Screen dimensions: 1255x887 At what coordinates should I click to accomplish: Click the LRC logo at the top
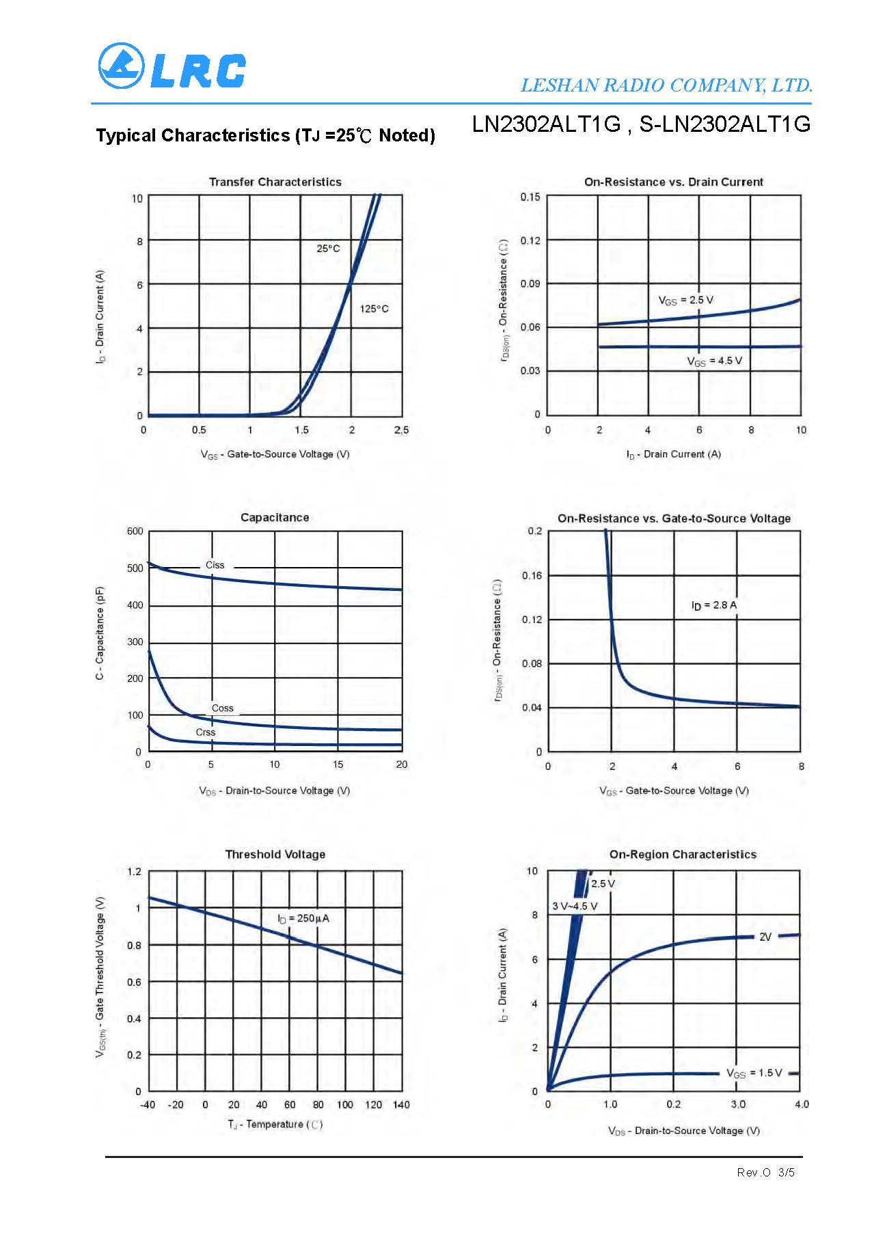(172, 67)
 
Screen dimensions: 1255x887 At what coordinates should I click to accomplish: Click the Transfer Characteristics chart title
(275, 182)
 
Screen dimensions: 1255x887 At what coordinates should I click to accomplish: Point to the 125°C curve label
(374, 309)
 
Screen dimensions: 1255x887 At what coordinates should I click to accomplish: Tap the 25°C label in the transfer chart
(328, 249)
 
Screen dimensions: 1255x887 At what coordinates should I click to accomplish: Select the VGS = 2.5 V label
(685, 301)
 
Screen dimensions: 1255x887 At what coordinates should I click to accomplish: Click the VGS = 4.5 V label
(714, 361)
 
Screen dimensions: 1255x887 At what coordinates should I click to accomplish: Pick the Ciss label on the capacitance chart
(215, 565)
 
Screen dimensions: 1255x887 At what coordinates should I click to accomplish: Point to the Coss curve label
(223, 708)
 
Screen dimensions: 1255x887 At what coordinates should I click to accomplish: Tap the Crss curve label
(205, 732)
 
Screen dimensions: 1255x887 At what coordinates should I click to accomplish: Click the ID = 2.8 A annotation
(713, 605)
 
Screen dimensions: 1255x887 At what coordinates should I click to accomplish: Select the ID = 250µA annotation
(303, 918)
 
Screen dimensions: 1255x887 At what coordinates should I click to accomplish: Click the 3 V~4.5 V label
(575, 907)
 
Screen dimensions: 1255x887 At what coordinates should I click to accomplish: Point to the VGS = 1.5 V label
(754, 1073)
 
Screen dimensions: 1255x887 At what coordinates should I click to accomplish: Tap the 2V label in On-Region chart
(765, 937)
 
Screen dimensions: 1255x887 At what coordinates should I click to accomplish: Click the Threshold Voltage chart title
(275, 854)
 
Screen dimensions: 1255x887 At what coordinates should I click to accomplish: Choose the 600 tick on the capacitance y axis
(135, 532)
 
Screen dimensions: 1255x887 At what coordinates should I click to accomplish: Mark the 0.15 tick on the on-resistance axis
(530, 197)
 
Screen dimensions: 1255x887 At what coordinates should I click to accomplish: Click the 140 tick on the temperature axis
(401, 1105)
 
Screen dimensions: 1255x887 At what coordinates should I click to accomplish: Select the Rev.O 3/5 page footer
(765, 1172)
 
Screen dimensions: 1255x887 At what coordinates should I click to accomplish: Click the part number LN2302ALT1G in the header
(546, 124)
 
